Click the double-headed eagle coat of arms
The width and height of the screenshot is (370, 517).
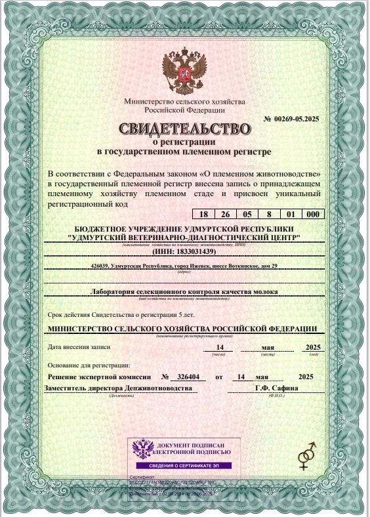click(184, 72)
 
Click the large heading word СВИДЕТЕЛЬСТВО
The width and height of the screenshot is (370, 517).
click(184, 127)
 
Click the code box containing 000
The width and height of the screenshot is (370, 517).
click(313, 215)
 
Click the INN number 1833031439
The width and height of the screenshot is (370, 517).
click(195, 251)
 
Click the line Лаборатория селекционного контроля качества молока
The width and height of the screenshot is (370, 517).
click(184, 291)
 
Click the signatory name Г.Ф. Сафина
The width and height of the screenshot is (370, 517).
click(276, 388)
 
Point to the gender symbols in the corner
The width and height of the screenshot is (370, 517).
click(307, 455)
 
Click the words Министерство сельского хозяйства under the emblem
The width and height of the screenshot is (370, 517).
click(184, 102)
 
